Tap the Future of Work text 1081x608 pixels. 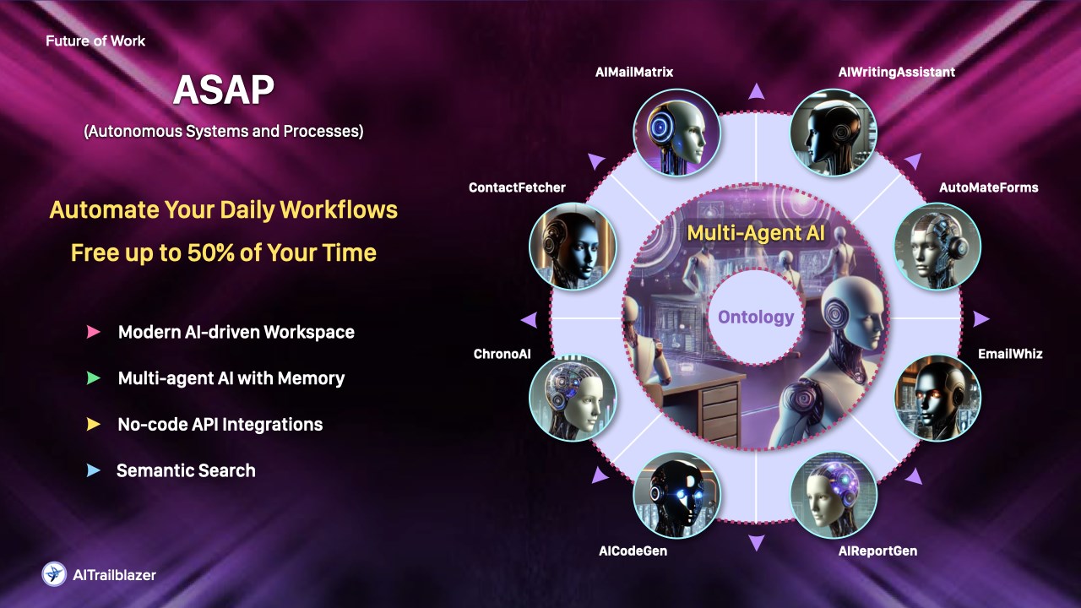[95, 41]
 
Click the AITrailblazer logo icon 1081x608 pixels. [54, 574]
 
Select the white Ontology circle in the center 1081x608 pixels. [755, 318]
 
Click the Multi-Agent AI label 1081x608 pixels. [755, 233]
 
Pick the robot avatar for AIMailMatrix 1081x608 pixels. [676, 132]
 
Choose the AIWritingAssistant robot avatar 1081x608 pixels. [834, 132]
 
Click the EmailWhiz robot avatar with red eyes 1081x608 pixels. [937, 398]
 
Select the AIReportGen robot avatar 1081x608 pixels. [834, 496]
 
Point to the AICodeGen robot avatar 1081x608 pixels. [676, 496]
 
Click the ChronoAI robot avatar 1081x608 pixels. [573, 398]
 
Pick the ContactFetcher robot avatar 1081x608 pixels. [573, 246]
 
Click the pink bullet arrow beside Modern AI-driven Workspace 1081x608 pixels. [94, 332]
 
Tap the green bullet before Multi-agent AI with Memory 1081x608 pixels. [94, 378]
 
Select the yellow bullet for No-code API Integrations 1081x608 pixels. [94, 424]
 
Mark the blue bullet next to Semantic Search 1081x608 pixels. [94, 470]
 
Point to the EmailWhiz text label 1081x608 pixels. [1010, 354]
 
